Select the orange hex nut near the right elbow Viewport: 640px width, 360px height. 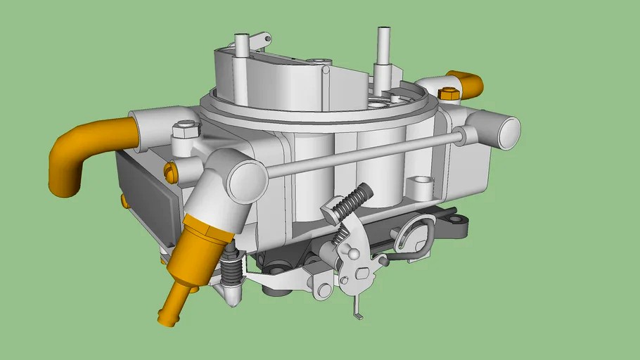447,94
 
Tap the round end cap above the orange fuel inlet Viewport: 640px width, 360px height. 246,181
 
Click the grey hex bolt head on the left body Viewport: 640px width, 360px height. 185,130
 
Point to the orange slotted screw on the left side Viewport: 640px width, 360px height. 169,170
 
